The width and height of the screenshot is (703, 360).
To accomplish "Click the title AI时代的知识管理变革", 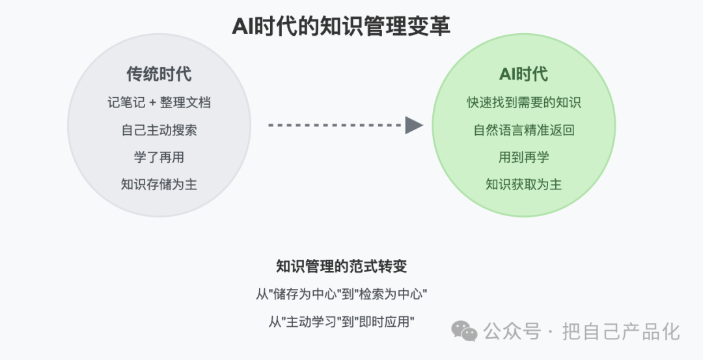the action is (x=340, y=25).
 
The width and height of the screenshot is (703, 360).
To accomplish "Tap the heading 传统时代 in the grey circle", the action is (x=159, y=74).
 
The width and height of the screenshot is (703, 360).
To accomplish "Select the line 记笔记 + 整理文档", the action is (x=159, y=103).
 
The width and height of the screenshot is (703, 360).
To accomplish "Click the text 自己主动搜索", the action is (x=159, y=130).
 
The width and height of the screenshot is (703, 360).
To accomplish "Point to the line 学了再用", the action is (x=159, y=158).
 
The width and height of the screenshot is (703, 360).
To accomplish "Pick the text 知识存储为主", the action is (x=159, y=185).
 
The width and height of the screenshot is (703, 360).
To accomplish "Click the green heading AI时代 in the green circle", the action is (x=523, y=74).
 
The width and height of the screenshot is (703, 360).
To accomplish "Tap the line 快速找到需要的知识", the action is (x=523, y=103).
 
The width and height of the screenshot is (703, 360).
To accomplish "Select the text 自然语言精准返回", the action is (x=523, y=130).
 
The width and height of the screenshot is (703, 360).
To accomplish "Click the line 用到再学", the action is (x=523, y=158).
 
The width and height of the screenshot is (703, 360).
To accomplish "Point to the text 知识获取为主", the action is (x=523, y=185).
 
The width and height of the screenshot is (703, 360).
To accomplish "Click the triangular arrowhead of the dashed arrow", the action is (x=413, y=125).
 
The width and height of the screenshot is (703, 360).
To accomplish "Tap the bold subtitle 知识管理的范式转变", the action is (x=341, y=266).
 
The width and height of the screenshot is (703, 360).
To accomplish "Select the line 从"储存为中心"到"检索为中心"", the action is (x=341, y=294).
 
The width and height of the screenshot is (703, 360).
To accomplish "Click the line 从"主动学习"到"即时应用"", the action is (x=341, y=322).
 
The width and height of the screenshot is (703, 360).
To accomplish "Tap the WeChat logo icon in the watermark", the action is (x=464, y=331).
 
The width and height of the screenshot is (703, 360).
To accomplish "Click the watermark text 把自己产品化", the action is (x=622, y=332).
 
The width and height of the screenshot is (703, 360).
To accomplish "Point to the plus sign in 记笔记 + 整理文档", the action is (x=152, y=103).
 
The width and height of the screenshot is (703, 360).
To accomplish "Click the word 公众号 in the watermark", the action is (x=512, y=332).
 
